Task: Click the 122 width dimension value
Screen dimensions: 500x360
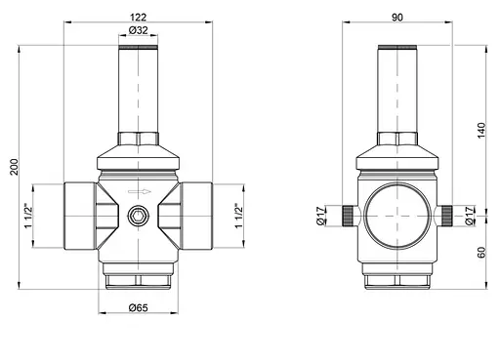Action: tap(138, 17)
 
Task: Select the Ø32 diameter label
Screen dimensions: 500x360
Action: tap(138, 30)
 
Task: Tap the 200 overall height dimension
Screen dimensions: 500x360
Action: tap(15, 167)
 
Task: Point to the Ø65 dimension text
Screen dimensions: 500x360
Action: tap(138, 307)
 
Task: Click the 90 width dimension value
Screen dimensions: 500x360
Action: tap(397, 18)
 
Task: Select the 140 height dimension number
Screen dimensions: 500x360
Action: tap(481, 130)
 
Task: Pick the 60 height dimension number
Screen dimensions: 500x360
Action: tap(481, 253)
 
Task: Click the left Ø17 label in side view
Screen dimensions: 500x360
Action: tap(321, 216)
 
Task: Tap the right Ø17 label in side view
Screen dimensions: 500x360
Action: tap(469, 216)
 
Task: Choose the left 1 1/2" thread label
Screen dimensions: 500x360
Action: tap(28, 217)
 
